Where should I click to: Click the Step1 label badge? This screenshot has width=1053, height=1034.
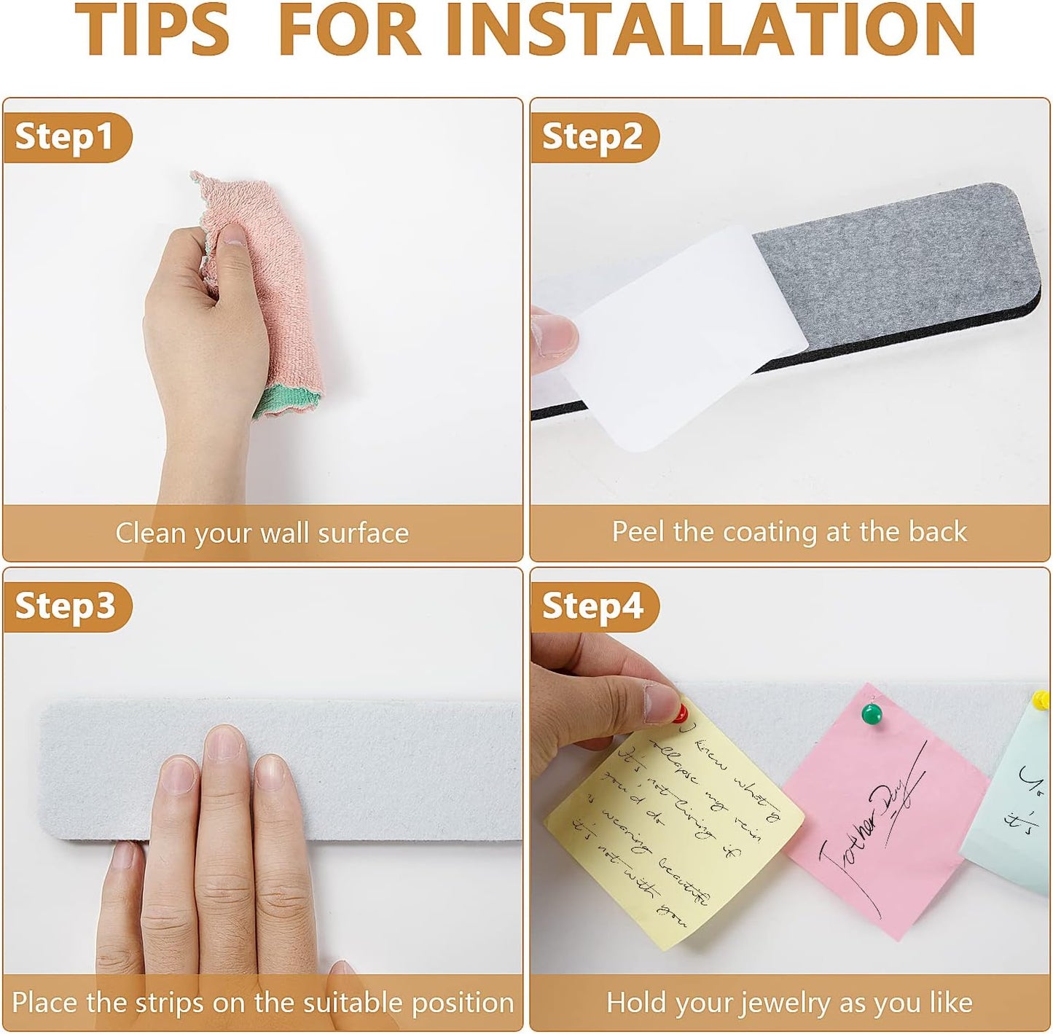pos(66,136)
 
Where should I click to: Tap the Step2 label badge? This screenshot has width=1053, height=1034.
pos(592,136)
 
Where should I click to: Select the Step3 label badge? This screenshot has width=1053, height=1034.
pos(66,606)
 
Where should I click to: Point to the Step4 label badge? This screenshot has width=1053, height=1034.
pos(592,606)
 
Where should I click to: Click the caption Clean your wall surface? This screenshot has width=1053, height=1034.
pos(262,533)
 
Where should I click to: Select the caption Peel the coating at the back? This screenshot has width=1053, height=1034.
pos(789,531)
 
